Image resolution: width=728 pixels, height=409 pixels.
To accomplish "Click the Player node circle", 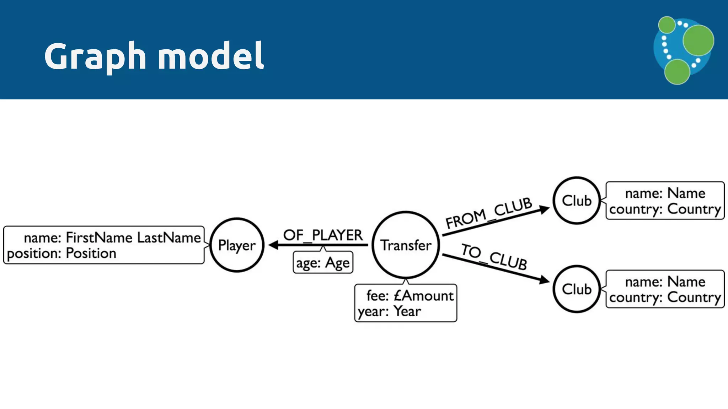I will pos(237,245).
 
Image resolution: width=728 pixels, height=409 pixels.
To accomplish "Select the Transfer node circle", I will pos(406,245).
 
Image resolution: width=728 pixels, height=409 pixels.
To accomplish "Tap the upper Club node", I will pos(577,201).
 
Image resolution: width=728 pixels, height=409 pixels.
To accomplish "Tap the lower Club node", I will pos(577,289).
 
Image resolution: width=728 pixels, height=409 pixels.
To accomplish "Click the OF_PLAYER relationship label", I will pos(323,235).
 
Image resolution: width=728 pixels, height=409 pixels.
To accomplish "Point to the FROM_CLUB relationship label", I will pos(488,213).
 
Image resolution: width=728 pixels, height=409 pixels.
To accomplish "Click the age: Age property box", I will pos(323,263).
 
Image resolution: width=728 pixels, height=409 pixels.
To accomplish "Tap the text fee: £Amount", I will pos(409,296).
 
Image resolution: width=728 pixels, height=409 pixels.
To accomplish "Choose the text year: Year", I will pos(389,311).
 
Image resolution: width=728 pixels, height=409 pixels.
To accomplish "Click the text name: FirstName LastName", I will pos(112,238).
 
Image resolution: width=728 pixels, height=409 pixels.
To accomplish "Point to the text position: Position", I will pos(61,253).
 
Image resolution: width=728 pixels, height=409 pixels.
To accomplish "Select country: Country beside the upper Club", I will pos(665,209).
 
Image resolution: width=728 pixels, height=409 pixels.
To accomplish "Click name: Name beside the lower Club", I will pos(665,282).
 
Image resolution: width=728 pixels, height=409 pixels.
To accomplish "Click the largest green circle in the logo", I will pos(698,40).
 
